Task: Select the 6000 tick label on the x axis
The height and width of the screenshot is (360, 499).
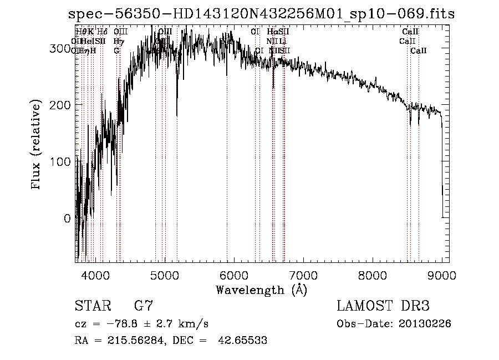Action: coord(233,275)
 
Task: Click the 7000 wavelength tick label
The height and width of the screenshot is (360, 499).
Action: coord(303,275)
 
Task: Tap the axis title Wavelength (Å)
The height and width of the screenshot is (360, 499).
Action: coord(261,290)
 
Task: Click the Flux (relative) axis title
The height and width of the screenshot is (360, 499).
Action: coord(37,146)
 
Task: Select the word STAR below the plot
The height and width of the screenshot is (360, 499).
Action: coord(92,306)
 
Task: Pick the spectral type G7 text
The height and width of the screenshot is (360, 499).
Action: coord(143,306)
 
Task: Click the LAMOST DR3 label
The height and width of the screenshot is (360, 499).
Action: coord(383,306)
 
